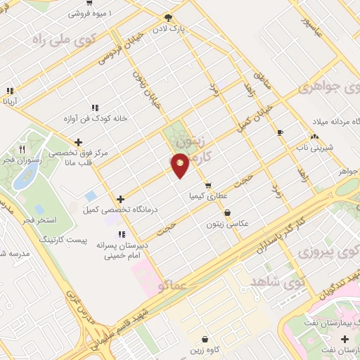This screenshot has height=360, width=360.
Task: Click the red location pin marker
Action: (x=180, y=165)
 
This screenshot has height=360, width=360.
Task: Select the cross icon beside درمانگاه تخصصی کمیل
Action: (x=121, y=199)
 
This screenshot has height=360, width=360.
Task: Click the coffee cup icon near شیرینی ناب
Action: (x=281, y=132)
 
